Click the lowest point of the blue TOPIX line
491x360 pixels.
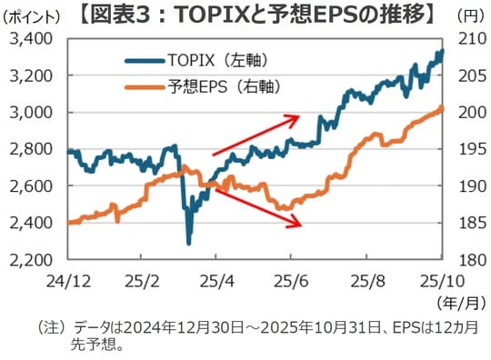tap(189, 243)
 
